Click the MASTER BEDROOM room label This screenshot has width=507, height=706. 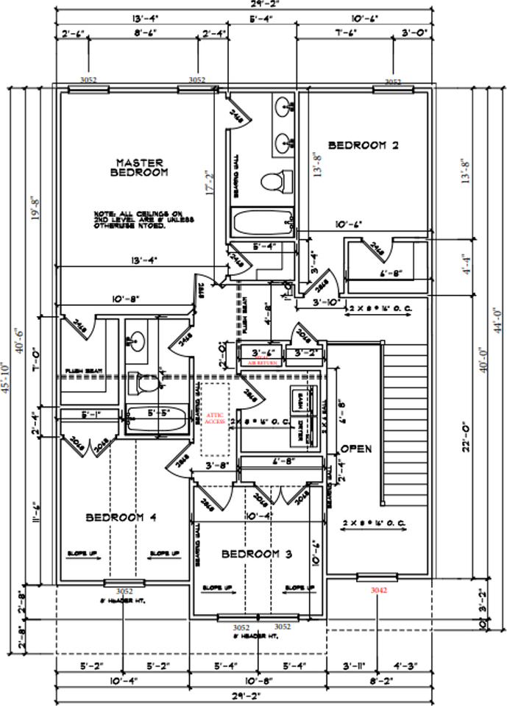[139, 167]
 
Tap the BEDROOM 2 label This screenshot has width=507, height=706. [363, 146]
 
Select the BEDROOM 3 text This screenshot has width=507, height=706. [257, 553]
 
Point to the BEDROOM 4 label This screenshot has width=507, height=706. [121, 517]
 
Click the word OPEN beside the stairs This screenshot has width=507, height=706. [356, 449]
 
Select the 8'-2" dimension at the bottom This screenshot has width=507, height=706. [380, 682]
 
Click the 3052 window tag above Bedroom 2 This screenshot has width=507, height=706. [394, 81]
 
